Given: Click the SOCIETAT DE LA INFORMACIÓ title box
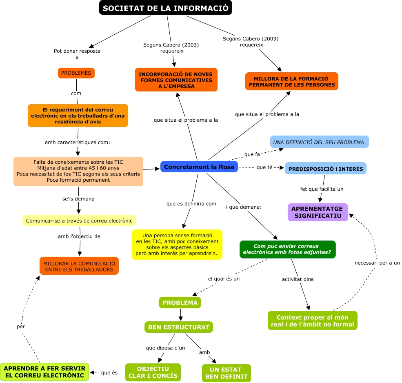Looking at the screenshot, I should point(165,8).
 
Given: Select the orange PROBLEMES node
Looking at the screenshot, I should point(76,73).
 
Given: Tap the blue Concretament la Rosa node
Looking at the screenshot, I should point(199,167).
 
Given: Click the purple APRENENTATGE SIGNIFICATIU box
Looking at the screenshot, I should point(318,212).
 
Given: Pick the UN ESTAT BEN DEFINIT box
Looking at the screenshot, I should point(226,373).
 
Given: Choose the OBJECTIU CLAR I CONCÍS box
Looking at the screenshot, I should point(153,372).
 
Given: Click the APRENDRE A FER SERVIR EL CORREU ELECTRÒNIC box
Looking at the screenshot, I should point(44,372).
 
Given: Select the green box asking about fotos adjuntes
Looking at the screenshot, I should point(287,249).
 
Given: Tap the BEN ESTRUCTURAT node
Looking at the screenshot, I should point(179,327).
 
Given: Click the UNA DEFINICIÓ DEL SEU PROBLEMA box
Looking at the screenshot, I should point(319,142).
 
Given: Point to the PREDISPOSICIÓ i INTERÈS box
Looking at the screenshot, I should point(325,169).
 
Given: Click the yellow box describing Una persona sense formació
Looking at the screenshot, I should point(177,245).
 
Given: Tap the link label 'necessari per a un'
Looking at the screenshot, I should point(377,263).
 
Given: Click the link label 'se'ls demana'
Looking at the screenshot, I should point(78,199).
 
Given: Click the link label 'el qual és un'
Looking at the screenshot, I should point(224,278).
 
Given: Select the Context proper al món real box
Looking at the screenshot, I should point(312,321).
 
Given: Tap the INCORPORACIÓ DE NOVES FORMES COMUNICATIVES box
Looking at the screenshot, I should point(176,80).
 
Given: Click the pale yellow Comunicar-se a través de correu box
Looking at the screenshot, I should point(79,221).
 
